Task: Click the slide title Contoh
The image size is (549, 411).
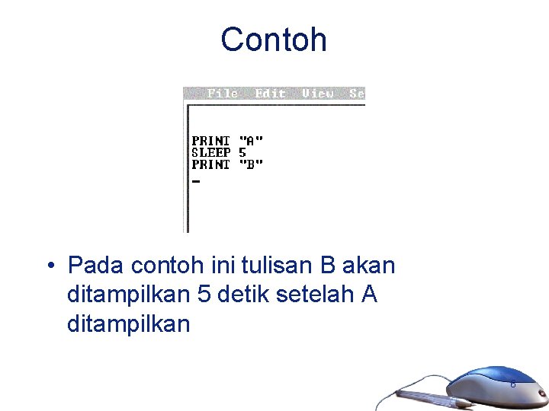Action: pyautogui.click(x=274, y=40)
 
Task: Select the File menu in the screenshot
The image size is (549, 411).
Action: pyautogui.click(x=223, y=94)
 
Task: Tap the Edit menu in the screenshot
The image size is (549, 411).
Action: pyautogui.click(x=270, y=94)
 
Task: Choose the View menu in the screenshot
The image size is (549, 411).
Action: pyautogui.click(x=317, y=94)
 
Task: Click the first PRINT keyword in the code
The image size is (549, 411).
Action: pyautogui.click(x=210, y=141)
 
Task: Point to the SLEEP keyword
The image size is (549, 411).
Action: pyautogui.click(x=210, y=152)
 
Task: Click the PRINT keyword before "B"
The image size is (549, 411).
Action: pyautogui.click(x=210, y=164)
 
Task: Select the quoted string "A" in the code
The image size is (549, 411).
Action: pyautogui.click(x=251, y=141)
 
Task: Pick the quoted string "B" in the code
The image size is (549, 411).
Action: pyautogui.click(x=251, y=164)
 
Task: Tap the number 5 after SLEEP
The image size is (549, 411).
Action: pyautogui.click(x=242, y=152)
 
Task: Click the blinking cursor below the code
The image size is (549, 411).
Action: pyautogui.click(x=196, y=182)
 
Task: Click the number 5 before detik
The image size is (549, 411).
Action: pyautogui.click(x=204, y=295)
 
